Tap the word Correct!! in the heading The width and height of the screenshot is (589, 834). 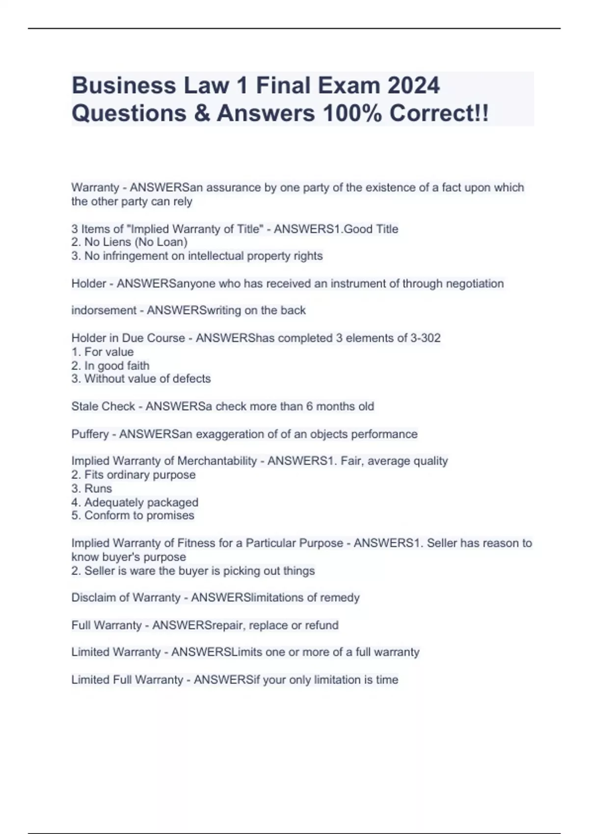tap(439, 113)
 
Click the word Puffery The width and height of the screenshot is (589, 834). tap(90, 434)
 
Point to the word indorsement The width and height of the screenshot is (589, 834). tap(104, 311)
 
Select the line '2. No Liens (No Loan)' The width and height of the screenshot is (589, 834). tap(130, 242)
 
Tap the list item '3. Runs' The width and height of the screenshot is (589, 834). tap(92, 489)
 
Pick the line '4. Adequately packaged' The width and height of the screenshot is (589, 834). tap(135, 502)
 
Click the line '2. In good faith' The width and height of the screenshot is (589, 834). tap(110, 365)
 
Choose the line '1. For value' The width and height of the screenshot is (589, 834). tap(103, 352)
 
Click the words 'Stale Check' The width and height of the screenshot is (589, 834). tap(103, 407)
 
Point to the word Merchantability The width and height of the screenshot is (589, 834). tap(217, 461)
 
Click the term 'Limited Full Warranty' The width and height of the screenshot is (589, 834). tap(127, 680)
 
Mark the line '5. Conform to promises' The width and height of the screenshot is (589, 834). tap(133, 516)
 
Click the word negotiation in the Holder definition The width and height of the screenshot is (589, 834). tap(475, 284)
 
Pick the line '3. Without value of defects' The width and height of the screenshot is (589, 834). tap(141, 379)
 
